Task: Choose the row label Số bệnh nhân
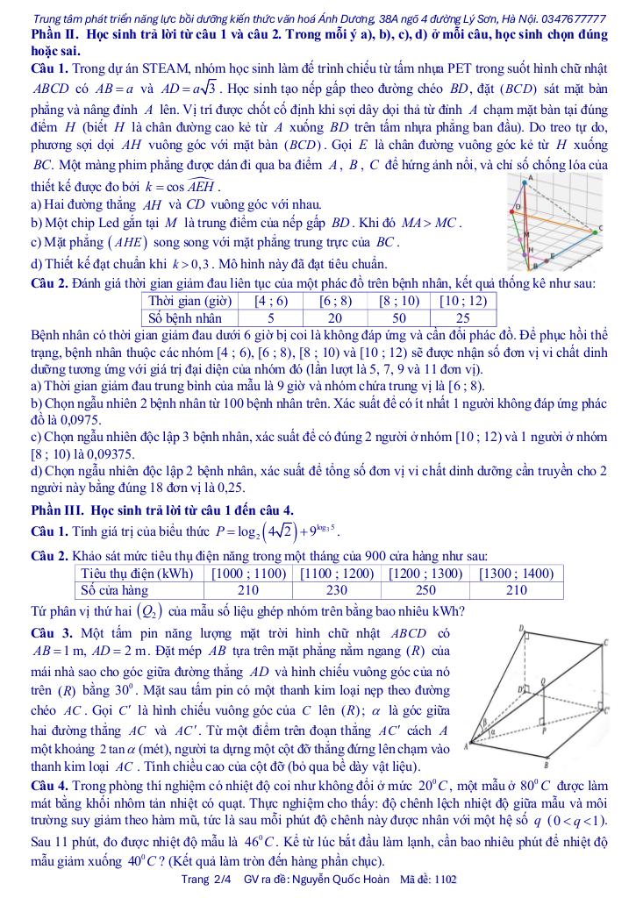(x=185, y=317)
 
